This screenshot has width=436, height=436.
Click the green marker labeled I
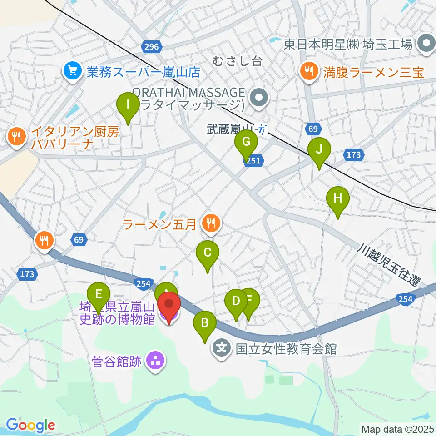(x=128, y=105)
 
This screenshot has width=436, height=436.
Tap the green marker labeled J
(x=319, y=150)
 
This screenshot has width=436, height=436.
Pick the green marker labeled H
(x=338, y=199)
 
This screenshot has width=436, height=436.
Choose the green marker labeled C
(x=208, y=253)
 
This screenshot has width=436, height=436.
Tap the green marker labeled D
(x=236, y=302)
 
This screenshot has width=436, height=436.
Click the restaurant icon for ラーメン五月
(x=210, y=223)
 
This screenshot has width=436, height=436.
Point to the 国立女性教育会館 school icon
(x=222, y=349)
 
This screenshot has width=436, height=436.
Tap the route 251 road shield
(x=253, y=161)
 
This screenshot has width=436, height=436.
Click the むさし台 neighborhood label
(x=238, y=61)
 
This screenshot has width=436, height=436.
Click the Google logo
(x=30, y=425)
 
